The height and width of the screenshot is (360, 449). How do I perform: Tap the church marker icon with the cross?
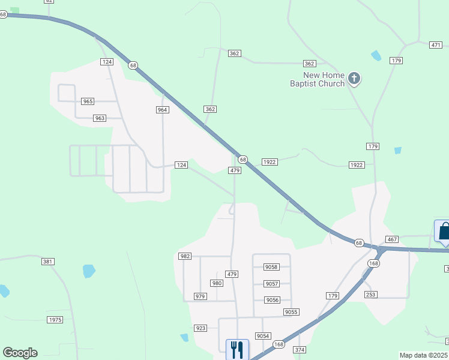[354, 78]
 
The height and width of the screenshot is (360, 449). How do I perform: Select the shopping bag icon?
[444, 232]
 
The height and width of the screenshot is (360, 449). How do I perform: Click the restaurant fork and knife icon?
[237, 349]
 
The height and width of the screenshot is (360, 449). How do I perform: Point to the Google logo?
[20, 353]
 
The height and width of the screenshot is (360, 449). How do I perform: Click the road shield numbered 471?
[436, 45]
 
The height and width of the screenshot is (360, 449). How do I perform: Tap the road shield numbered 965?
[88, 101]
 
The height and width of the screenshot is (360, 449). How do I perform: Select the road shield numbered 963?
[100, 118]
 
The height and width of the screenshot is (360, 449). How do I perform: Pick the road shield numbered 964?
[162, 110]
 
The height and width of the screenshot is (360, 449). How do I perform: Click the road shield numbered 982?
[185, 256]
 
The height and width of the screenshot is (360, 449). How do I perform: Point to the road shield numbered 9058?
[271, 267]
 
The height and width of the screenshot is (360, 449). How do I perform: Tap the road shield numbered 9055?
[292, 312]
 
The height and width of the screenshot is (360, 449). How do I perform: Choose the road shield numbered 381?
[48, 262]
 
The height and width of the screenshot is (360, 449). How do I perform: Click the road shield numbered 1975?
[55, 320]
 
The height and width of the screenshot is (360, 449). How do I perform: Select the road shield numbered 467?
[392, 239]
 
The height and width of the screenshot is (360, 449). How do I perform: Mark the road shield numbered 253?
[370, 295]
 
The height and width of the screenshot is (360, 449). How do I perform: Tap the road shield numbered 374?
[300, 350]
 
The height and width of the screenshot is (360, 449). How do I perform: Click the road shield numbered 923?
[200, 328]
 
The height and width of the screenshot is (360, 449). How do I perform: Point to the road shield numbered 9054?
[262, 336]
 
